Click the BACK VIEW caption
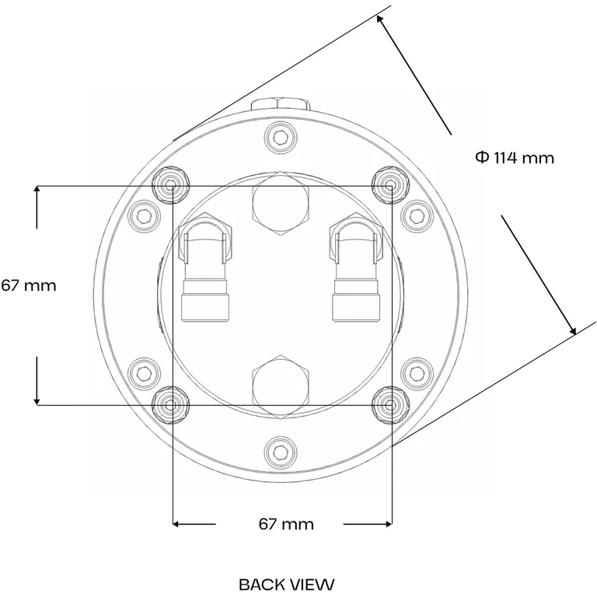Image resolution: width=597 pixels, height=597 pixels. (x=286, y=583)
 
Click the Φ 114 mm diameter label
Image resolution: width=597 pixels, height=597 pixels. (x=515, y=158)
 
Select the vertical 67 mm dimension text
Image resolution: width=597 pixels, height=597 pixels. (x=29, y=285)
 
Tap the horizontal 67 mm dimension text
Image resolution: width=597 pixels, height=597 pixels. (x=286, y=524)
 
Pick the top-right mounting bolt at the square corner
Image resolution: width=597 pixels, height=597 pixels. (x=389, y=184)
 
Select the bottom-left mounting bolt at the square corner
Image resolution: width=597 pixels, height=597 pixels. (x=171, y=403)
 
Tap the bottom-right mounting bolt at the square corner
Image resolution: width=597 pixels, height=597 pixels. (x=389, y=403)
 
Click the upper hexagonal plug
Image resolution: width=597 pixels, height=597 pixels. (x=281, y=203)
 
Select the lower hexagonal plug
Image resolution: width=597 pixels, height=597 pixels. (x=281, y=386)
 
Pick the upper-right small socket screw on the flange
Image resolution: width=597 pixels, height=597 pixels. (x=416, y=214)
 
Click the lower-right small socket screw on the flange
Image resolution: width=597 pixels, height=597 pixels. (x=416, y=373)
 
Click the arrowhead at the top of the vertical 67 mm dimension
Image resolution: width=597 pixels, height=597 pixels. (x=37, y=192)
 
